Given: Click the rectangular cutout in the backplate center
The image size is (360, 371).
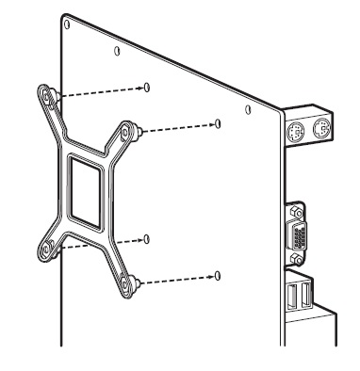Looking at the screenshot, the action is click(90, 193).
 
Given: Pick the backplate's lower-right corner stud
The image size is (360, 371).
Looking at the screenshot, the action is click(134, 281).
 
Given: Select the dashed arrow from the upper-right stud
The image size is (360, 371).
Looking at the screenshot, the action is click(179, 126).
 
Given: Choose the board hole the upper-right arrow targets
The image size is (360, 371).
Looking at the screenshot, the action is click(218, 122).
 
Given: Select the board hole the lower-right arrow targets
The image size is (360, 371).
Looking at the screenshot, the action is click(218, 275).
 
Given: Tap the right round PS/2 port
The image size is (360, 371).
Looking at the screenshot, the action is click(320, 130).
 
